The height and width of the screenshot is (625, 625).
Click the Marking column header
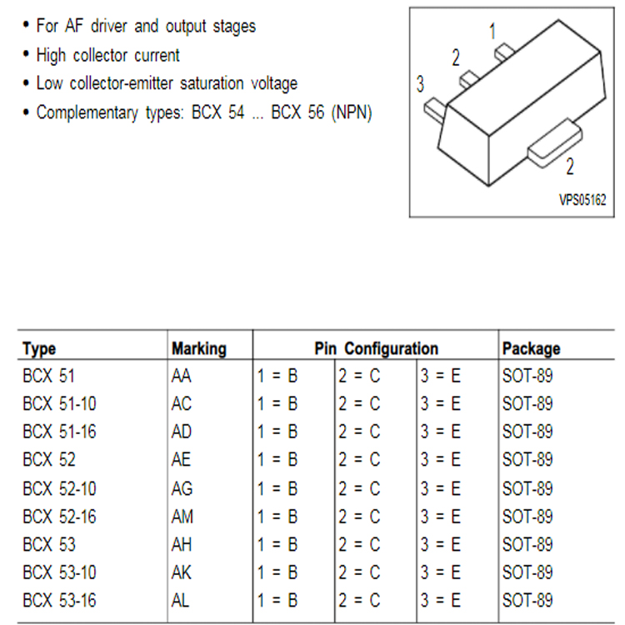[199, 349]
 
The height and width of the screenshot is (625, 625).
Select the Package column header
[531, 349]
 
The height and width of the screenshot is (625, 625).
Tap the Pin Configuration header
[377, 349]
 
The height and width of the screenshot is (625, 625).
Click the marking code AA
[181, 376]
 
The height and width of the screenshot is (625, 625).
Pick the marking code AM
[182, 517]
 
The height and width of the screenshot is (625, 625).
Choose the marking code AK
[182, 572]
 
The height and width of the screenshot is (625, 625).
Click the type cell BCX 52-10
[59, 488]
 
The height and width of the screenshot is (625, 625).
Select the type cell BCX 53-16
[59, 601]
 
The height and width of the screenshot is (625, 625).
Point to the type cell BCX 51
[48, 376]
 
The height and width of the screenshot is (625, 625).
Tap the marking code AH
[182, 545]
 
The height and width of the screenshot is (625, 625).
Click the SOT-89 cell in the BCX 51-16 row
[527, 432]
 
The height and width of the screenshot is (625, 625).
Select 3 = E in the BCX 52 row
[441, 459]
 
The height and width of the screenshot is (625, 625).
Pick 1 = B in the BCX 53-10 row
[277, 572]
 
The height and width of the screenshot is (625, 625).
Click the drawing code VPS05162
[582, 200]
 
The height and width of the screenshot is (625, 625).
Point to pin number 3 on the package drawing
[420, 84]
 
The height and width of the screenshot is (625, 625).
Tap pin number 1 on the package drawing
[492, 31]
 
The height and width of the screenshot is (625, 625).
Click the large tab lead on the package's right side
[555, 142]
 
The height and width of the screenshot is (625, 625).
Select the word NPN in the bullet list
[352, 112]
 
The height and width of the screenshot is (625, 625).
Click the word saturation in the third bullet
[212, 83]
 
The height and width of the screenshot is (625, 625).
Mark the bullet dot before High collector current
[27, 55]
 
